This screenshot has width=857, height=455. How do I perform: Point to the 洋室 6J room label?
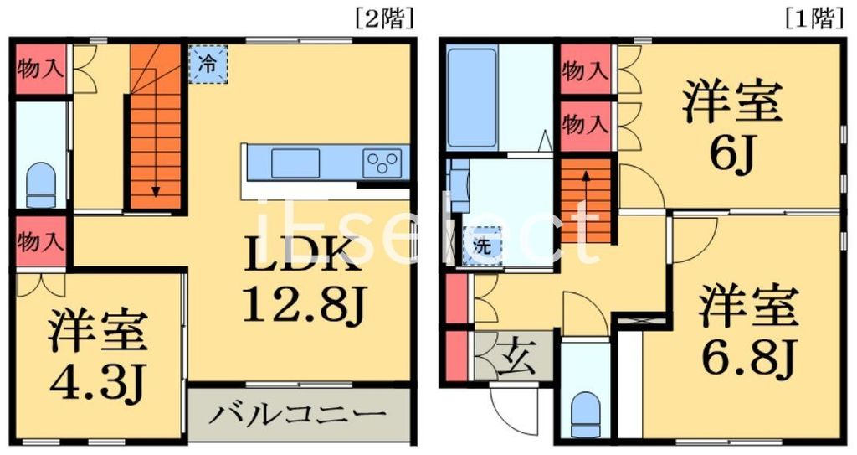tap(731, 127)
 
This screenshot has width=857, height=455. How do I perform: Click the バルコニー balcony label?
tap(296, 414)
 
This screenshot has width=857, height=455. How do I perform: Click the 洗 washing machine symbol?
tap(483, 246)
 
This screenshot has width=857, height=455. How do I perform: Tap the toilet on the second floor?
tap(41, 184)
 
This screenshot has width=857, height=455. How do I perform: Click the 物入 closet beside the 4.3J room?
tap(39, 243)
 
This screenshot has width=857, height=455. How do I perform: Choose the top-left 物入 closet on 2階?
tap(39, 69)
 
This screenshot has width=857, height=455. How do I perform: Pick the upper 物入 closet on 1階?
tap(584, 70)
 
